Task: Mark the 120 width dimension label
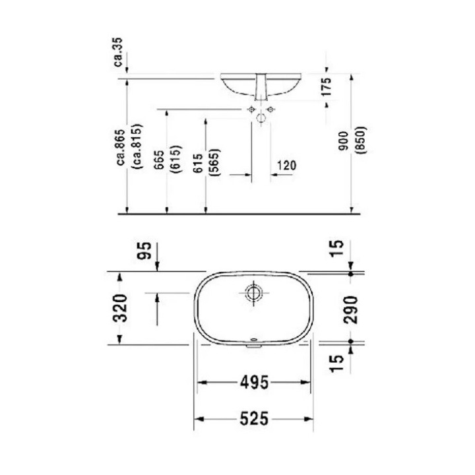point(285,166)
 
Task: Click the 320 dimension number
point(119,307)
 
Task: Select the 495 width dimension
point(253,382)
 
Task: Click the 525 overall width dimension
point(253,418)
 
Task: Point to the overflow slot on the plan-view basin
point(253,342)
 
